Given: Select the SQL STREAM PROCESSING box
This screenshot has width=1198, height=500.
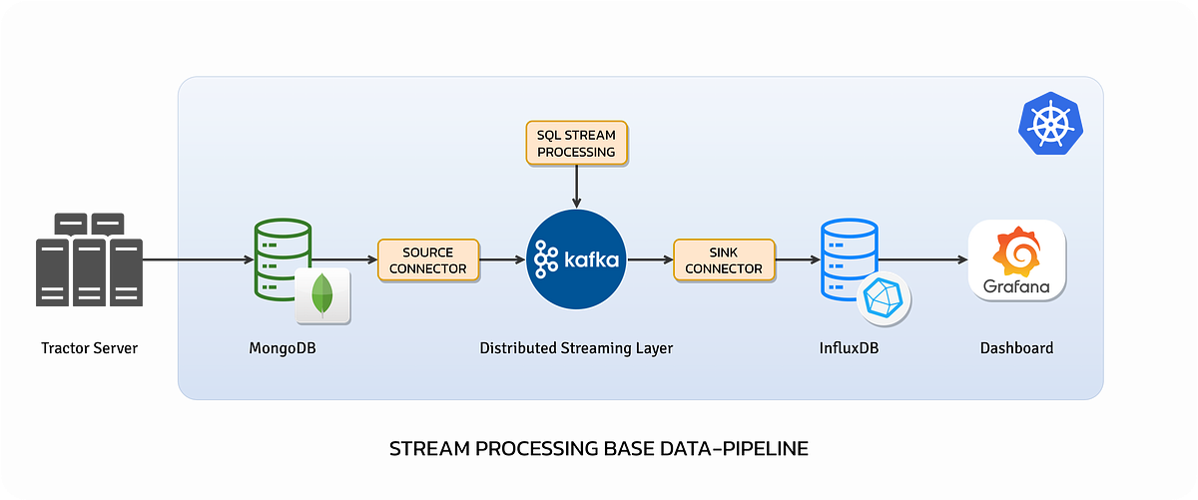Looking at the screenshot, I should click(x=577, y=143).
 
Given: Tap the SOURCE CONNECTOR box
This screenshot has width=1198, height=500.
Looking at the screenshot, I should click(x=428, y=259).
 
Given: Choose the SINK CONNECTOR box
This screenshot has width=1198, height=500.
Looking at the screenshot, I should click(x=724, y=259).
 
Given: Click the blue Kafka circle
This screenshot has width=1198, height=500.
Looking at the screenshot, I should click(x=577, y=259).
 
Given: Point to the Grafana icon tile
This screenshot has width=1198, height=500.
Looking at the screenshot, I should click(x=1016, y=259).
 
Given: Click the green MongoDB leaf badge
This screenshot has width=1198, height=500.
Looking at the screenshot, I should click(x=322, y=295).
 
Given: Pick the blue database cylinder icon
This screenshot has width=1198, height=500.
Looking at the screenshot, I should click(x=847, y=257).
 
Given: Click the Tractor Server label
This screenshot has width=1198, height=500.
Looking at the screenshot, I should click(x=89, y=348).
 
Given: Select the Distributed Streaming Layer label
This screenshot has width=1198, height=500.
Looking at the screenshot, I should click(x=576, y=348).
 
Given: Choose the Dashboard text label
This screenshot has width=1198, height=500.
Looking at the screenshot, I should click(x=1016, y=348).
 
